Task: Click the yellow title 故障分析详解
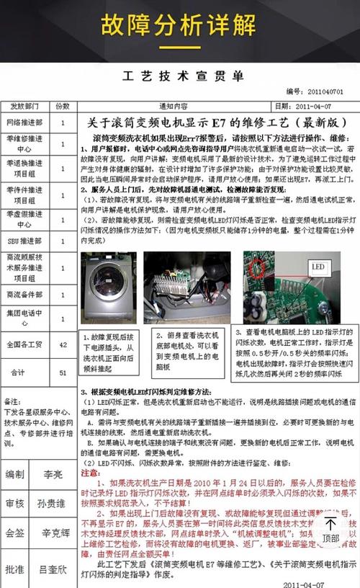179,27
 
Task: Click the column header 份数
63,104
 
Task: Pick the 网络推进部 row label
24,122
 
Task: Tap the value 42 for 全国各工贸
63,345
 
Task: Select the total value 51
63,373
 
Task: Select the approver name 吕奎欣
53,569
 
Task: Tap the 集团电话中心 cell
24,318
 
